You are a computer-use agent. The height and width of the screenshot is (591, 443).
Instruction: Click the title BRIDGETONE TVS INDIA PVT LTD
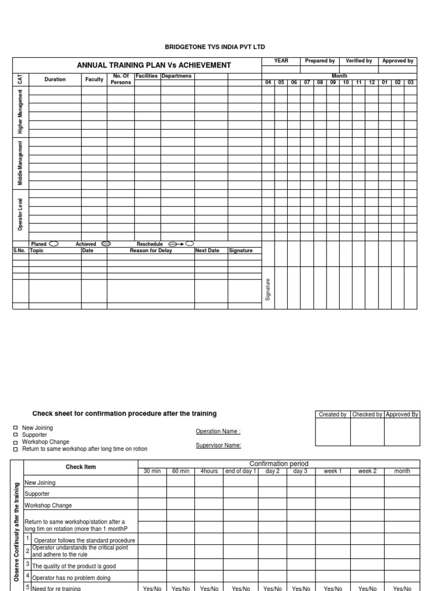(x=215, y=47)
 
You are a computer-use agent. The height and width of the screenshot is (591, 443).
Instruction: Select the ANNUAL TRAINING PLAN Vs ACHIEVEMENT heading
(x=154, y=65)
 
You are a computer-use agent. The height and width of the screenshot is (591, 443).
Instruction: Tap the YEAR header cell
(x=281, y=61)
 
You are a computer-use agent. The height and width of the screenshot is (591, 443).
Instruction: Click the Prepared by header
(x=320, y=61)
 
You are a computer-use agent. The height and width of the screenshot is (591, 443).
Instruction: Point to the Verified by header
(x=358, y=61)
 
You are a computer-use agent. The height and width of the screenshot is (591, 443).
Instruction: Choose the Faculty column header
(x=94, y=80)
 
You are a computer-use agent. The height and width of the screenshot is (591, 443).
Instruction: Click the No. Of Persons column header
(x=121, y=79)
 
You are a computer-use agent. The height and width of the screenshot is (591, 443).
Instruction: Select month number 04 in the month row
(x=268, y=83)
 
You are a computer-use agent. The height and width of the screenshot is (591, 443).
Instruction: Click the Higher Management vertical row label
(x=21, y=111)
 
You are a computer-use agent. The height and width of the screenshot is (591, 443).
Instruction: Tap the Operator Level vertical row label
(x=21, y=214)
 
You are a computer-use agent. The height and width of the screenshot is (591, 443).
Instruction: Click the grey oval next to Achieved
(x=106, y=244)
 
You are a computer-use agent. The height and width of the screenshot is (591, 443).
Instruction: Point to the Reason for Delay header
(x=151, y=250)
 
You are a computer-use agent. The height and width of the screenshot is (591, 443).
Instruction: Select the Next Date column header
(x=207, y=250)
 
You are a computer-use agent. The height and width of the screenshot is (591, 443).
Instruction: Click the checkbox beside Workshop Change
(x=16, y=442)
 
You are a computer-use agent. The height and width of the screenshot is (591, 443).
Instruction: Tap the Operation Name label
(x=217, y=431)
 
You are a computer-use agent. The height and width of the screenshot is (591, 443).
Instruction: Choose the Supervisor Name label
(x=218, y=445)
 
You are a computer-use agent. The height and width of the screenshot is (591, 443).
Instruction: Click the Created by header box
(x=332, y=414)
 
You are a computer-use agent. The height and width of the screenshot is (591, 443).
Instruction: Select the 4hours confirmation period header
(x=209, y=471)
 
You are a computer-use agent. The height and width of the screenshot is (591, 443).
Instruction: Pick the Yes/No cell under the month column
(x=402, y=588)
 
